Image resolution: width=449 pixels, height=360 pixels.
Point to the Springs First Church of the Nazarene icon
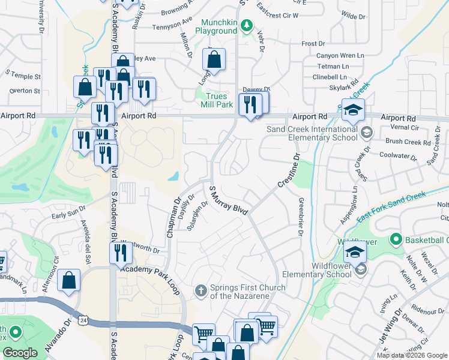(202, 292)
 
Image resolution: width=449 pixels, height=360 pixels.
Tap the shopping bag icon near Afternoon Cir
(69, 281)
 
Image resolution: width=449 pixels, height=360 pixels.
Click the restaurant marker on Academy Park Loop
(121, 253)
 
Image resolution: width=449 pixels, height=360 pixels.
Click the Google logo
(20, 353)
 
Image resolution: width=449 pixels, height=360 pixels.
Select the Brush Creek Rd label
(407, 142)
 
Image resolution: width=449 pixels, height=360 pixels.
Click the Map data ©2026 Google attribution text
(411, 355)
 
